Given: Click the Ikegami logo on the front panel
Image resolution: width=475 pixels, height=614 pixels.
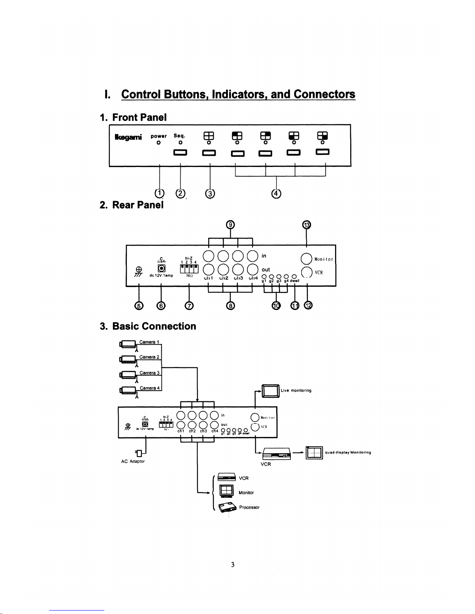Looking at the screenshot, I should coord(128,137).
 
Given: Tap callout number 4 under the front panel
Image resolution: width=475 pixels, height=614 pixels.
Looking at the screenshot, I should coord(276,194).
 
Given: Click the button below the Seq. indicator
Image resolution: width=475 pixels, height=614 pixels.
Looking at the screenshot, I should coord(180,152).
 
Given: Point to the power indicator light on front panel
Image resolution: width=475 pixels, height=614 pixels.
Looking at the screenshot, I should coord(159,143).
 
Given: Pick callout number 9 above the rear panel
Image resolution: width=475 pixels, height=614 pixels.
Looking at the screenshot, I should coord(230,225).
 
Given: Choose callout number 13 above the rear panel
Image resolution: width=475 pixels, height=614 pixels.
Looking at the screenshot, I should coord(307,225).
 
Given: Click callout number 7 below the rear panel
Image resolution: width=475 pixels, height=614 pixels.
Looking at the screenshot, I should coord(189,306).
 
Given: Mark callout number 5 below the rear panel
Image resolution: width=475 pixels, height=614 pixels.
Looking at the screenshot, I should coord(139,306).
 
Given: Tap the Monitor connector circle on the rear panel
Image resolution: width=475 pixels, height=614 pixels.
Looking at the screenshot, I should coord(306,258).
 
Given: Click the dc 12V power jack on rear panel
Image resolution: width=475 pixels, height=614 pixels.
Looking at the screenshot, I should coord(161,268).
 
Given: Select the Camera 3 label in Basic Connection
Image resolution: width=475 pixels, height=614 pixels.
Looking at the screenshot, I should coord(149,373).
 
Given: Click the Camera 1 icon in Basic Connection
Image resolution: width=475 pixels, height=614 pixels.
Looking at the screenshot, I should coord(128,344).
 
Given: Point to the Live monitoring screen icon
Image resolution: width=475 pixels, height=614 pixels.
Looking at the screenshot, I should coord(271,390).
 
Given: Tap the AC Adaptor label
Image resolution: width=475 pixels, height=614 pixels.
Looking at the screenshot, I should coord(133,461).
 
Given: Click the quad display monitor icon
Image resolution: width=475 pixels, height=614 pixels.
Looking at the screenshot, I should coord(314,452).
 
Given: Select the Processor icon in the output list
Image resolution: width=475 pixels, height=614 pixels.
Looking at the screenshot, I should coord(228,507).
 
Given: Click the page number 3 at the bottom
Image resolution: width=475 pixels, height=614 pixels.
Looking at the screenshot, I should coord(233,564).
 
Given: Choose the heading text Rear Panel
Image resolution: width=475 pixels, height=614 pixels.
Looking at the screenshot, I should coord(138,205).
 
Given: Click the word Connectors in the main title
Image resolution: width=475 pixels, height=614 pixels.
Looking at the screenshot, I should coord(324,94).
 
